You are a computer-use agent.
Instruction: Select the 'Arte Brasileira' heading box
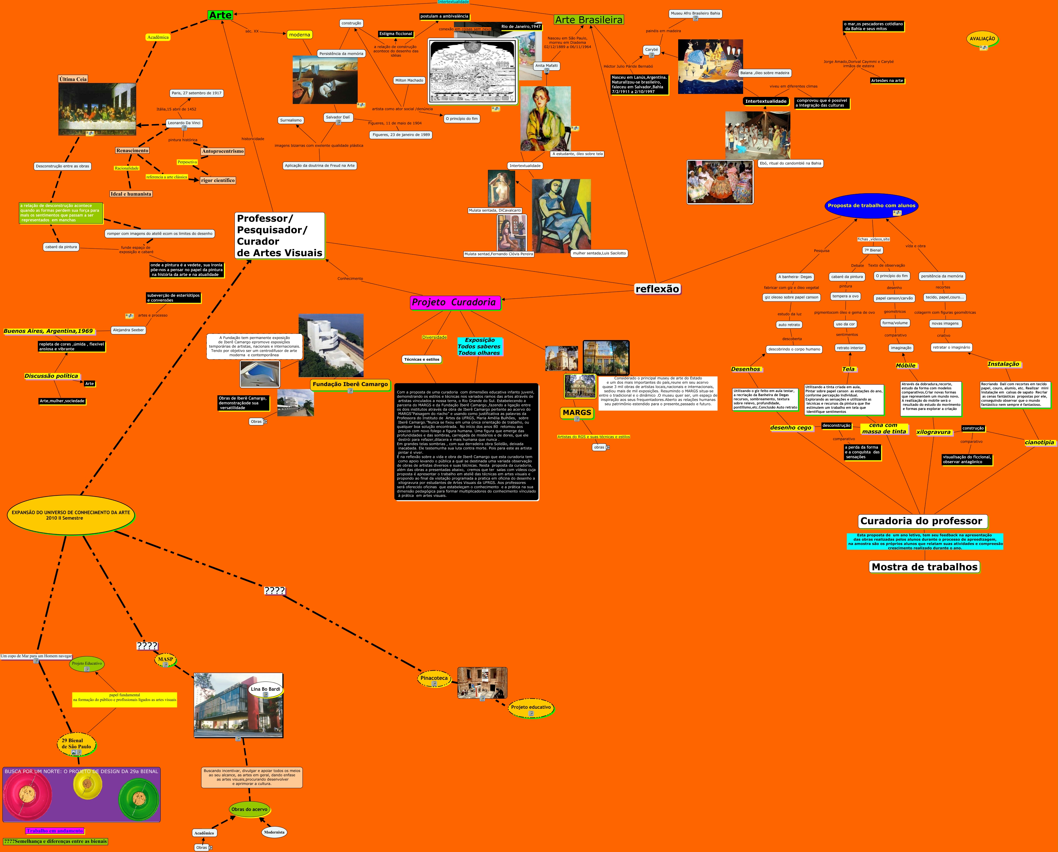[x=588, y=19]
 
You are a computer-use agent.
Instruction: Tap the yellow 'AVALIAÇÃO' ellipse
[x=982, y=39]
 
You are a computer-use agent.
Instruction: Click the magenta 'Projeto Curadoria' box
[x=454, y=302]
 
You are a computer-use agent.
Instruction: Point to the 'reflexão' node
[x=657, y=289]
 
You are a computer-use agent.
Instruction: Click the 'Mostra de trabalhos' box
[x=924, y=567]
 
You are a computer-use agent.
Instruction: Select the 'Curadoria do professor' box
[x=921, y=521]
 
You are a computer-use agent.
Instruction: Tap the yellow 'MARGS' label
[x=577, y=413]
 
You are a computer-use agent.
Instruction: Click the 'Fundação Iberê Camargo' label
[x=350, y=384]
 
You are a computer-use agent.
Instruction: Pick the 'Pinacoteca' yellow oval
[x=434, y=678]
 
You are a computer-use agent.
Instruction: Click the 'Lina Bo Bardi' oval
[x=266, y=689]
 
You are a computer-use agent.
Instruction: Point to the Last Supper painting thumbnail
[x=97, y=109]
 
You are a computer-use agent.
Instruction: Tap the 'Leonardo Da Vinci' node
[x=184, y=123]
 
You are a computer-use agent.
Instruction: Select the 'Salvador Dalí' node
[x=338, y=117]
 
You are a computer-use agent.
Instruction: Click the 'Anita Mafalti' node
[x=546, y=66]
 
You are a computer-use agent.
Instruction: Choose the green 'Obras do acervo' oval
[x=249, y=809]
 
